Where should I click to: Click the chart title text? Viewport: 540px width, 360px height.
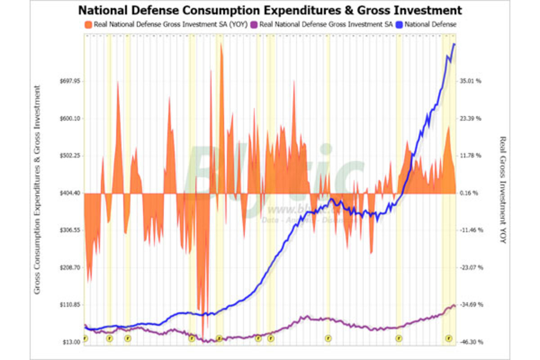tap(270, 10)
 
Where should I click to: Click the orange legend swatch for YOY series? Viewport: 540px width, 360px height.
tap(88, 25)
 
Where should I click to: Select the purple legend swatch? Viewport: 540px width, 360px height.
tap(255, 25)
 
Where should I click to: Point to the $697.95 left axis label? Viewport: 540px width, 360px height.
tap(69, 81)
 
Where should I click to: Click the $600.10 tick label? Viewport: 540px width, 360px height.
tap(69, 119)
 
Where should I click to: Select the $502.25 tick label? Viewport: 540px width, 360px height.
tap(69, 156)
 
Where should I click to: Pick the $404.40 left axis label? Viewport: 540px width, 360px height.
tap(69, 193)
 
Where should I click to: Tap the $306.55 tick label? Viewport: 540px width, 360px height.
tap(69, 230)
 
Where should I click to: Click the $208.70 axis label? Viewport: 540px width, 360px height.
tap(69, 267)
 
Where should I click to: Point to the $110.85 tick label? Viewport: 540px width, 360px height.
tap(69, 305)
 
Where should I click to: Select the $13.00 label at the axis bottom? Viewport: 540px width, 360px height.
tap(71, 342)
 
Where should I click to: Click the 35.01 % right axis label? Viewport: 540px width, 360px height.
tap(471, 81)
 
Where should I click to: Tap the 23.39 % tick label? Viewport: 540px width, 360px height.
tap(471, 119)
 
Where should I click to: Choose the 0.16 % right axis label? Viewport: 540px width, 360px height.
tap(470, 193)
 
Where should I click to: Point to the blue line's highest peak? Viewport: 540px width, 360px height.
tap(454, 44)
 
